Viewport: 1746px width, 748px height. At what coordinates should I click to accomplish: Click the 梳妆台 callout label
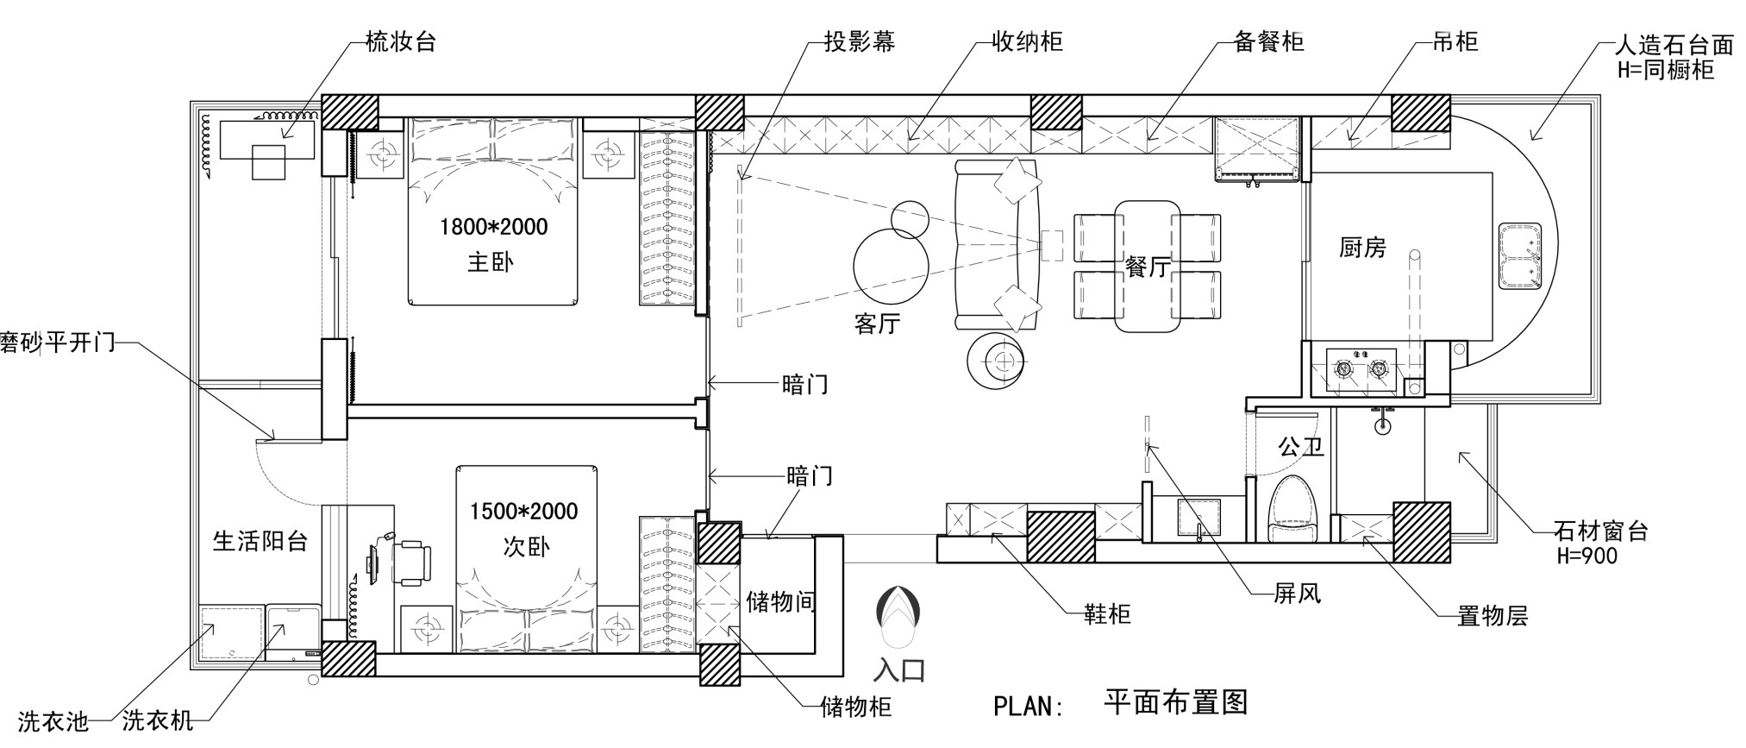401,41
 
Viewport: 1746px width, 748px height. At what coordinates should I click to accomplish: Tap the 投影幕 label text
859,41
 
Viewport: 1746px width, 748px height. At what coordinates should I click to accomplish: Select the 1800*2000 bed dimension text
493,227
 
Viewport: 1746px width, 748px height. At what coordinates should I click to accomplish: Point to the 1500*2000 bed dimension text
523,512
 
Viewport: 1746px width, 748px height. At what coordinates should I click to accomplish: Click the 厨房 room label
1362,248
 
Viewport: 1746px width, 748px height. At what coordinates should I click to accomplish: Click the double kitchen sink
1520,256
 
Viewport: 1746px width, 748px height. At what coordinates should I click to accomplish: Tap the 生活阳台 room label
260,541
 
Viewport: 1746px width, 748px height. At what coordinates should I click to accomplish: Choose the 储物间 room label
780,601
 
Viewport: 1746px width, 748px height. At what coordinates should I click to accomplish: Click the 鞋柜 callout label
1107,614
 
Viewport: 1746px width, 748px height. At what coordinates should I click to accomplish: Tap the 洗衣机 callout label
157,720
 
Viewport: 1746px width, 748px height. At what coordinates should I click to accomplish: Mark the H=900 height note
1586,556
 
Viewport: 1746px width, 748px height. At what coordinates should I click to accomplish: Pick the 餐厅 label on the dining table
1147,267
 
